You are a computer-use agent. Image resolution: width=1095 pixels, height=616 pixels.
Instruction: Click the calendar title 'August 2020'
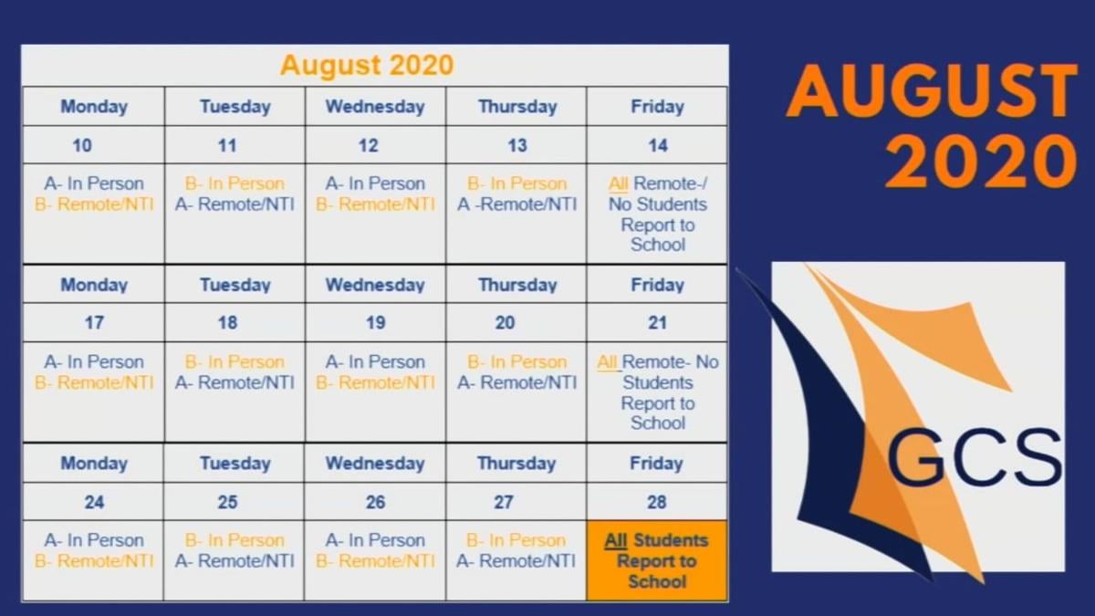pyautogui.click(x=366, y=66)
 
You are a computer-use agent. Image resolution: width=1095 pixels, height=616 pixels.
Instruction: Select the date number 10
pyautogui.click(x=81, y=145)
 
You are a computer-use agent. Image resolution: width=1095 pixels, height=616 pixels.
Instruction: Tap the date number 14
pyautogui.click(x=658, y=145)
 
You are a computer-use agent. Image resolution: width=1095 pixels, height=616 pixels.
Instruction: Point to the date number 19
pyautogui.click(x=375, y=322)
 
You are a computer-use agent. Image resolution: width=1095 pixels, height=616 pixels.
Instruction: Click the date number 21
pyautogui.click(x=658, y=322)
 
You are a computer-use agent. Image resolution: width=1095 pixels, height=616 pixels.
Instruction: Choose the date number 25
pyautogui.click(x=228, y=502)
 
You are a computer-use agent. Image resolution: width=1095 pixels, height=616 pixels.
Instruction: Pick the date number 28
pyautogui.click(x=656, y=502)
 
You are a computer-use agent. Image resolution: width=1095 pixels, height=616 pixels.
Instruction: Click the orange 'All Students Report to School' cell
pyautogui.click(x=657, y=560)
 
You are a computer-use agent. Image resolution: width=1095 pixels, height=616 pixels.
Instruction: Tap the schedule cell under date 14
pyautogui.click(x=657, y=214)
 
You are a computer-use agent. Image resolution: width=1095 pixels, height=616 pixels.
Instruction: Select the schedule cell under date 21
pyautogui.click(x=657, y=392)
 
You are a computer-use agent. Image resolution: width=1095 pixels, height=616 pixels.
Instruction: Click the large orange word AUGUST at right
pyautogui.click(x=932, y=91)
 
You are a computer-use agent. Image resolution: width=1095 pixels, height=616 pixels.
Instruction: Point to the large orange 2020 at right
pyautogui.click(x=981, y=162)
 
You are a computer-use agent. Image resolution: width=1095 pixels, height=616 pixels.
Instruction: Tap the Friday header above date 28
pyautogui.click(x=656, y=464)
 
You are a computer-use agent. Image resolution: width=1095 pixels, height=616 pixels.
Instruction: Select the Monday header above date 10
pyautogui.click(x=94, y=107)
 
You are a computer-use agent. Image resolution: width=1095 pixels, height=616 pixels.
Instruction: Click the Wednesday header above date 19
pyautogui.click(x=375, y=286)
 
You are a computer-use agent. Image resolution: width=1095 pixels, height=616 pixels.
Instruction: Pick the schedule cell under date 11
pyautogui.click(x=235, y=214)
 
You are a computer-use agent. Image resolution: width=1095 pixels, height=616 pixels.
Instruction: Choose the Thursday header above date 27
pyautogui.click(x=516, y=464)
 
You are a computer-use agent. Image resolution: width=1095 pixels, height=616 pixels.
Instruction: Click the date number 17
pyautogui.click(x=93, y=322)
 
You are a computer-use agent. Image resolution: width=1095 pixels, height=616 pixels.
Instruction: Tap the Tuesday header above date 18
pyautogui.click(x=235, y=286)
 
